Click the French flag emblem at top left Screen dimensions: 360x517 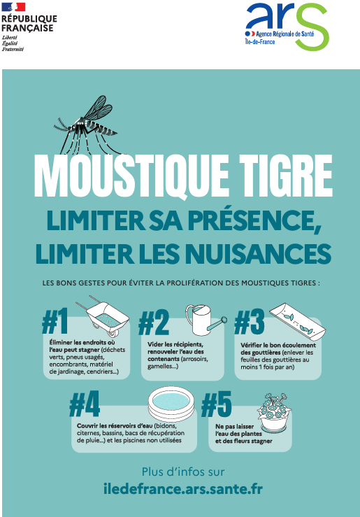coord(13,7)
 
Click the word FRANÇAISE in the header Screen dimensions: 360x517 coord(27,28)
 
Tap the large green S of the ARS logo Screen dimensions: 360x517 coord(312,27)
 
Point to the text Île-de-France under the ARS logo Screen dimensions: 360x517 coord(260,42)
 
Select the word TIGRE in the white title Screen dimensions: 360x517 coord(286,176)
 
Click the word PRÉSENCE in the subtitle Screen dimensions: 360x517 coord(254,220)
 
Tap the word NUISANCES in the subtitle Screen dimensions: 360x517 coord(258,253)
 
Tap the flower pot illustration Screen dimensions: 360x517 coord(274,413)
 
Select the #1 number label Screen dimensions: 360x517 coord(55,321)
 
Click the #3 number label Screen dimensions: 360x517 coord(250,322)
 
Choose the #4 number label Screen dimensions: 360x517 coord(85,404)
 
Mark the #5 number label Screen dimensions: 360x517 coord(217,404)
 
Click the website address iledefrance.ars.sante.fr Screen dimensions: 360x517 coord(183,488)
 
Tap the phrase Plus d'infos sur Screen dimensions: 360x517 coord(183,472)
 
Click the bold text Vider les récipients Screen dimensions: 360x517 coord(175,345)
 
